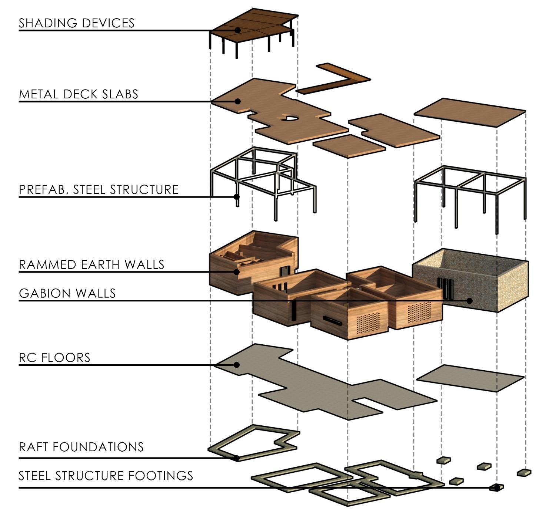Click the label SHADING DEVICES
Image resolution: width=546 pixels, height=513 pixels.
coord(77,23)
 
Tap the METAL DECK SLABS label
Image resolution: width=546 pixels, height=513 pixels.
coord(79,94)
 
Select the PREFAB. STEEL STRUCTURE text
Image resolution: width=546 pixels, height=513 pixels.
coord(99,190)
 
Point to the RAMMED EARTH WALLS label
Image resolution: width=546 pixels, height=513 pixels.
coord(91,265)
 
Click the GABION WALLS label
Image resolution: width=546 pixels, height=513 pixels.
coord(67,294)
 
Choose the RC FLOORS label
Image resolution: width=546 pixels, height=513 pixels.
coord(55,358)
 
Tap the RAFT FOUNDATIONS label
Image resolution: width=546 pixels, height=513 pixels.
coord(81,447)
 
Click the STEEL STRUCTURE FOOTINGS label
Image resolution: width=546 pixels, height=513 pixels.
coord(106,476)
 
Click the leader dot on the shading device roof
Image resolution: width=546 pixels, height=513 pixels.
coord(237,30)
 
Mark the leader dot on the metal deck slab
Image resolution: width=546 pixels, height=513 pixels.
coord(237,101)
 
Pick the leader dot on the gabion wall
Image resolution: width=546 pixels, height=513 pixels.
coord(469,301)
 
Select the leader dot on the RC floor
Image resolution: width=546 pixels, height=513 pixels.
coord(237,365)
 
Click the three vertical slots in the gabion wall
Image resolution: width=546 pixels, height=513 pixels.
coord(445,289)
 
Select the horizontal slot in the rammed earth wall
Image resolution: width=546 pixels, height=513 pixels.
coord(332,320)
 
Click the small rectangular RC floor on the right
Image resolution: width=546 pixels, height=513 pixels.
coord(470,378)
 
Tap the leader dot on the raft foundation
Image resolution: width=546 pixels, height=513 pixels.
coord(237,458)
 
